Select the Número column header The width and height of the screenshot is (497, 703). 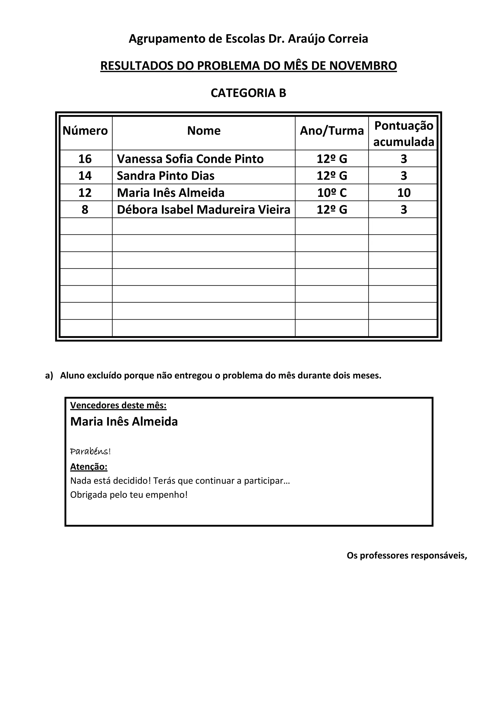click(x=85, y=131)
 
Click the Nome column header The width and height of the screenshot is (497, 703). click(x=204, y=131)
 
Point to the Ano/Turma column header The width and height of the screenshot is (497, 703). click(x=332, y=131)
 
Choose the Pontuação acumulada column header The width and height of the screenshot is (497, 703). click(x=404, y=133)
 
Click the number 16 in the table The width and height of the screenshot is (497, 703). click(x=85, y=159)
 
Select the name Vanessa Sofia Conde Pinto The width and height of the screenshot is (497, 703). click(x=190, y=159)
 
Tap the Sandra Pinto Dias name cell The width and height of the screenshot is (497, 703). click(x=166, y=176)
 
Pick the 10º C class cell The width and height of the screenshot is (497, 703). click(x=332, y=193)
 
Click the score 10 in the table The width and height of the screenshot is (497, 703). click(x=404, y=193)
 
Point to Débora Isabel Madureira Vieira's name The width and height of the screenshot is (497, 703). click(x=203, y=210)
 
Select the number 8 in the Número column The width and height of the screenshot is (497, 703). click(x=85, y=210)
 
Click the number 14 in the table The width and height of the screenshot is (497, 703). click(x=85, y=176)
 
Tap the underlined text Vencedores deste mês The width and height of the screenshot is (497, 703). click(x=118, y=405)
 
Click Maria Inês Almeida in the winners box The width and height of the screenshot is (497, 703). click(x=124, y=422)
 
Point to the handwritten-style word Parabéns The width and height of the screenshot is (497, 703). click(x=90, y=451)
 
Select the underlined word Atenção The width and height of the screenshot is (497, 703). click(x=89, y=467)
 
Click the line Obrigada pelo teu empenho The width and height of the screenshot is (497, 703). click(x=129, y=495)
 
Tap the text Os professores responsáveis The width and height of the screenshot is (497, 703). click(x=407, y=555)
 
